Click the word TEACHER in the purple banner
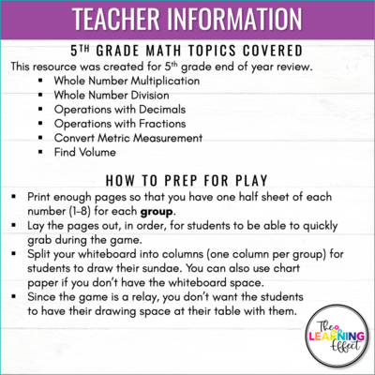click(112, 20)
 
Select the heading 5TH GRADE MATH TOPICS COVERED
click(187, 52)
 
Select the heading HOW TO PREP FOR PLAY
click(187, 179)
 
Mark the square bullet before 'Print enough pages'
click(16, 197)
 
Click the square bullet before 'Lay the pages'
click(16, 227)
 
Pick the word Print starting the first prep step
click(39, 197)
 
